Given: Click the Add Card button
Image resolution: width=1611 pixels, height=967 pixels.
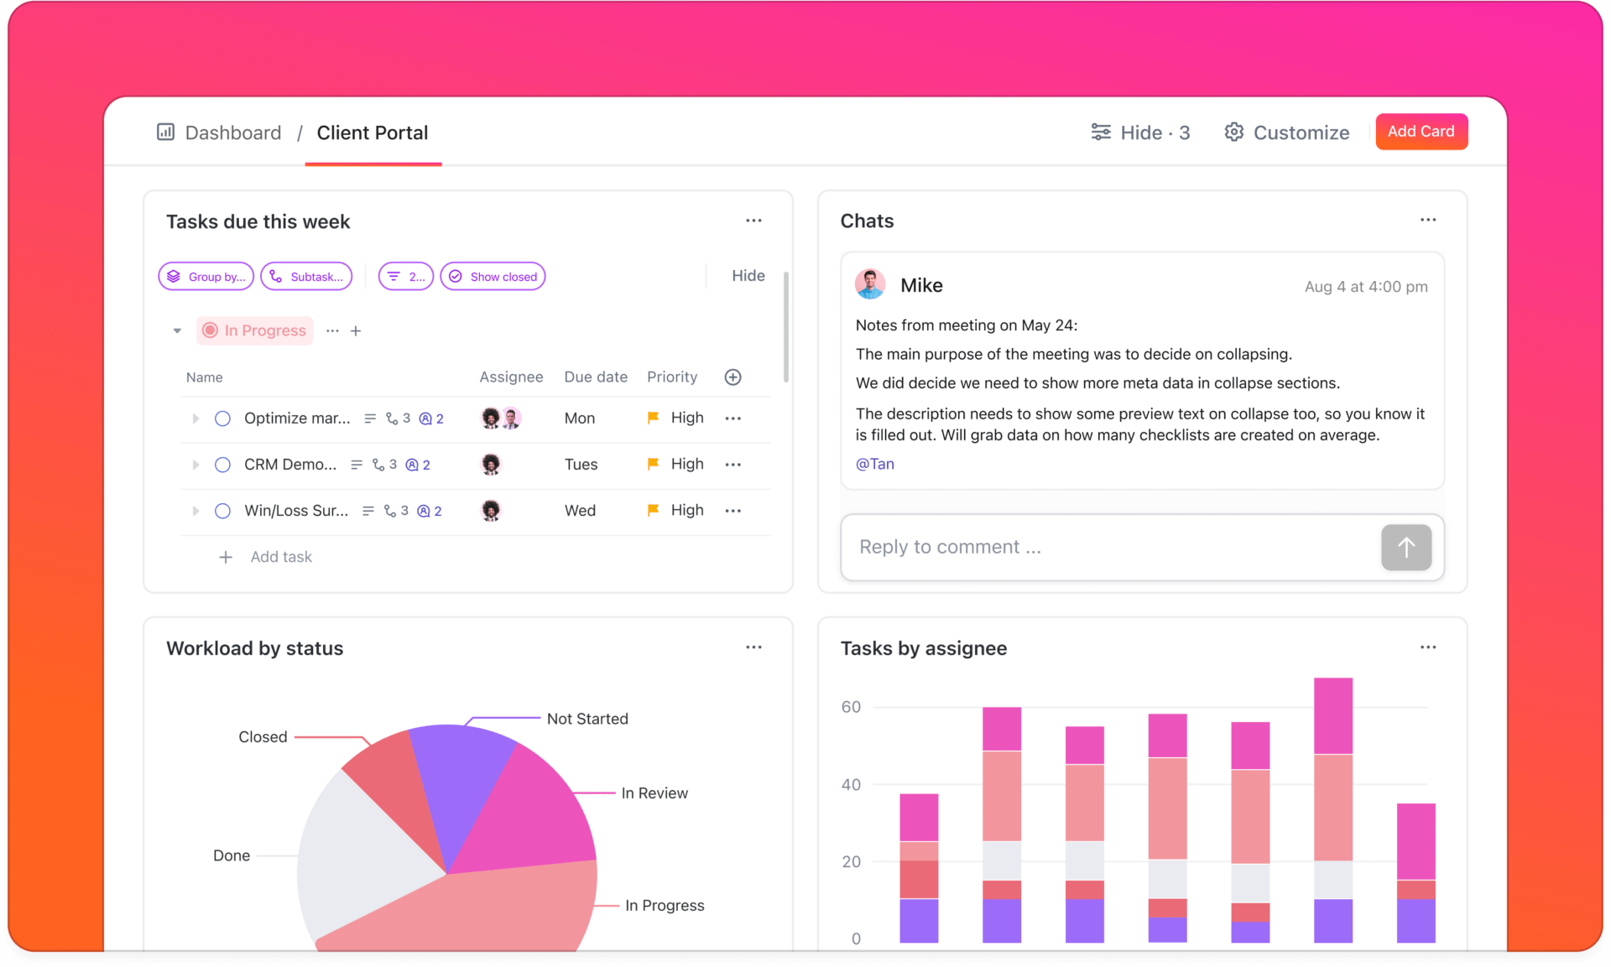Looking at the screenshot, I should (1421, 132).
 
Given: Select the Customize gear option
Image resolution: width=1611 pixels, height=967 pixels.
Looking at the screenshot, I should (1286, 133).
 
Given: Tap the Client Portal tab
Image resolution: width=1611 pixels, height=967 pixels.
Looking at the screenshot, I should (372, 133).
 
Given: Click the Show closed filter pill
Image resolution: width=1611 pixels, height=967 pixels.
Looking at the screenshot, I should (493, 277).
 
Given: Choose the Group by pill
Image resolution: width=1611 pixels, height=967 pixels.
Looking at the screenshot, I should (206, 277).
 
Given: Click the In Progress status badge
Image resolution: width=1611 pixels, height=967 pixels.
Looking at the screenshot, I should (255, 330).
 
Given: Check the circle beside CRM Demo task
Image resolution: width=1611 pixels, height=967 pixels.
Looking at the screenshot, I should (222, 465).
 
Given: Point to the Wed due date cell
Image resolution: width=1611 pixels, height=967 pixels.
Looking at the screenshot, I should (580, 511).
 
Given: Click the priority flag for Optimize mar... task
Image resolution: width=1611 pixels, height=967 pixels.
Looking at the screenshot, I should (653, 418).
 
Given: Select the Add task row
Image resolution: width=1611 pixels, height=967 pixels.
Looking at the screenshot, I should (280, 557).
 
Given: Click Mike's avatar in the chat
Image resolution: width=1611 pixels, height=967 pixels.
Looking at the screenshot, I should (870, 285).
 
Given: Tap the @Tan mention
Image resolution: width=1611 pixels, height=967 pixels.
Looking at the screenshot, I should (874, 464).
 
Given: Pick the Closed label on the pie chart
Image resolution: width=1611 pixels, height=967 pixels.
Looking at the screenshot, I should (263, 736).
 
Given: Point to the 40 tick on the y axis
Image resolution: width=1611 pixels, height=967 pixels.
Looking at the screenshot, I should (851, 784).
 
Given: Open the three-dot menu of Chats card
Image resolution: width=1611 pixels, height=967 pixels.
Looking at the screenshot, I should (1428, 220).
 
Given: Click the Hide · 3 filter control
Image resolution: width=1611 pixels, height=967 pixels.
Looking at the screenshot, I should (1140, 133).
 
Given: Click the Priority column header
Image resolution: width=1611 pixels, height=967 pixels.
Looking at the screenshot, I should (671, 377).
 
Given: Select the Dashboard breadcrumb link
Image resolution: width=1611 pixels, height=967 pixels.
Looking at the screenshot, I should (232, 133).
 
